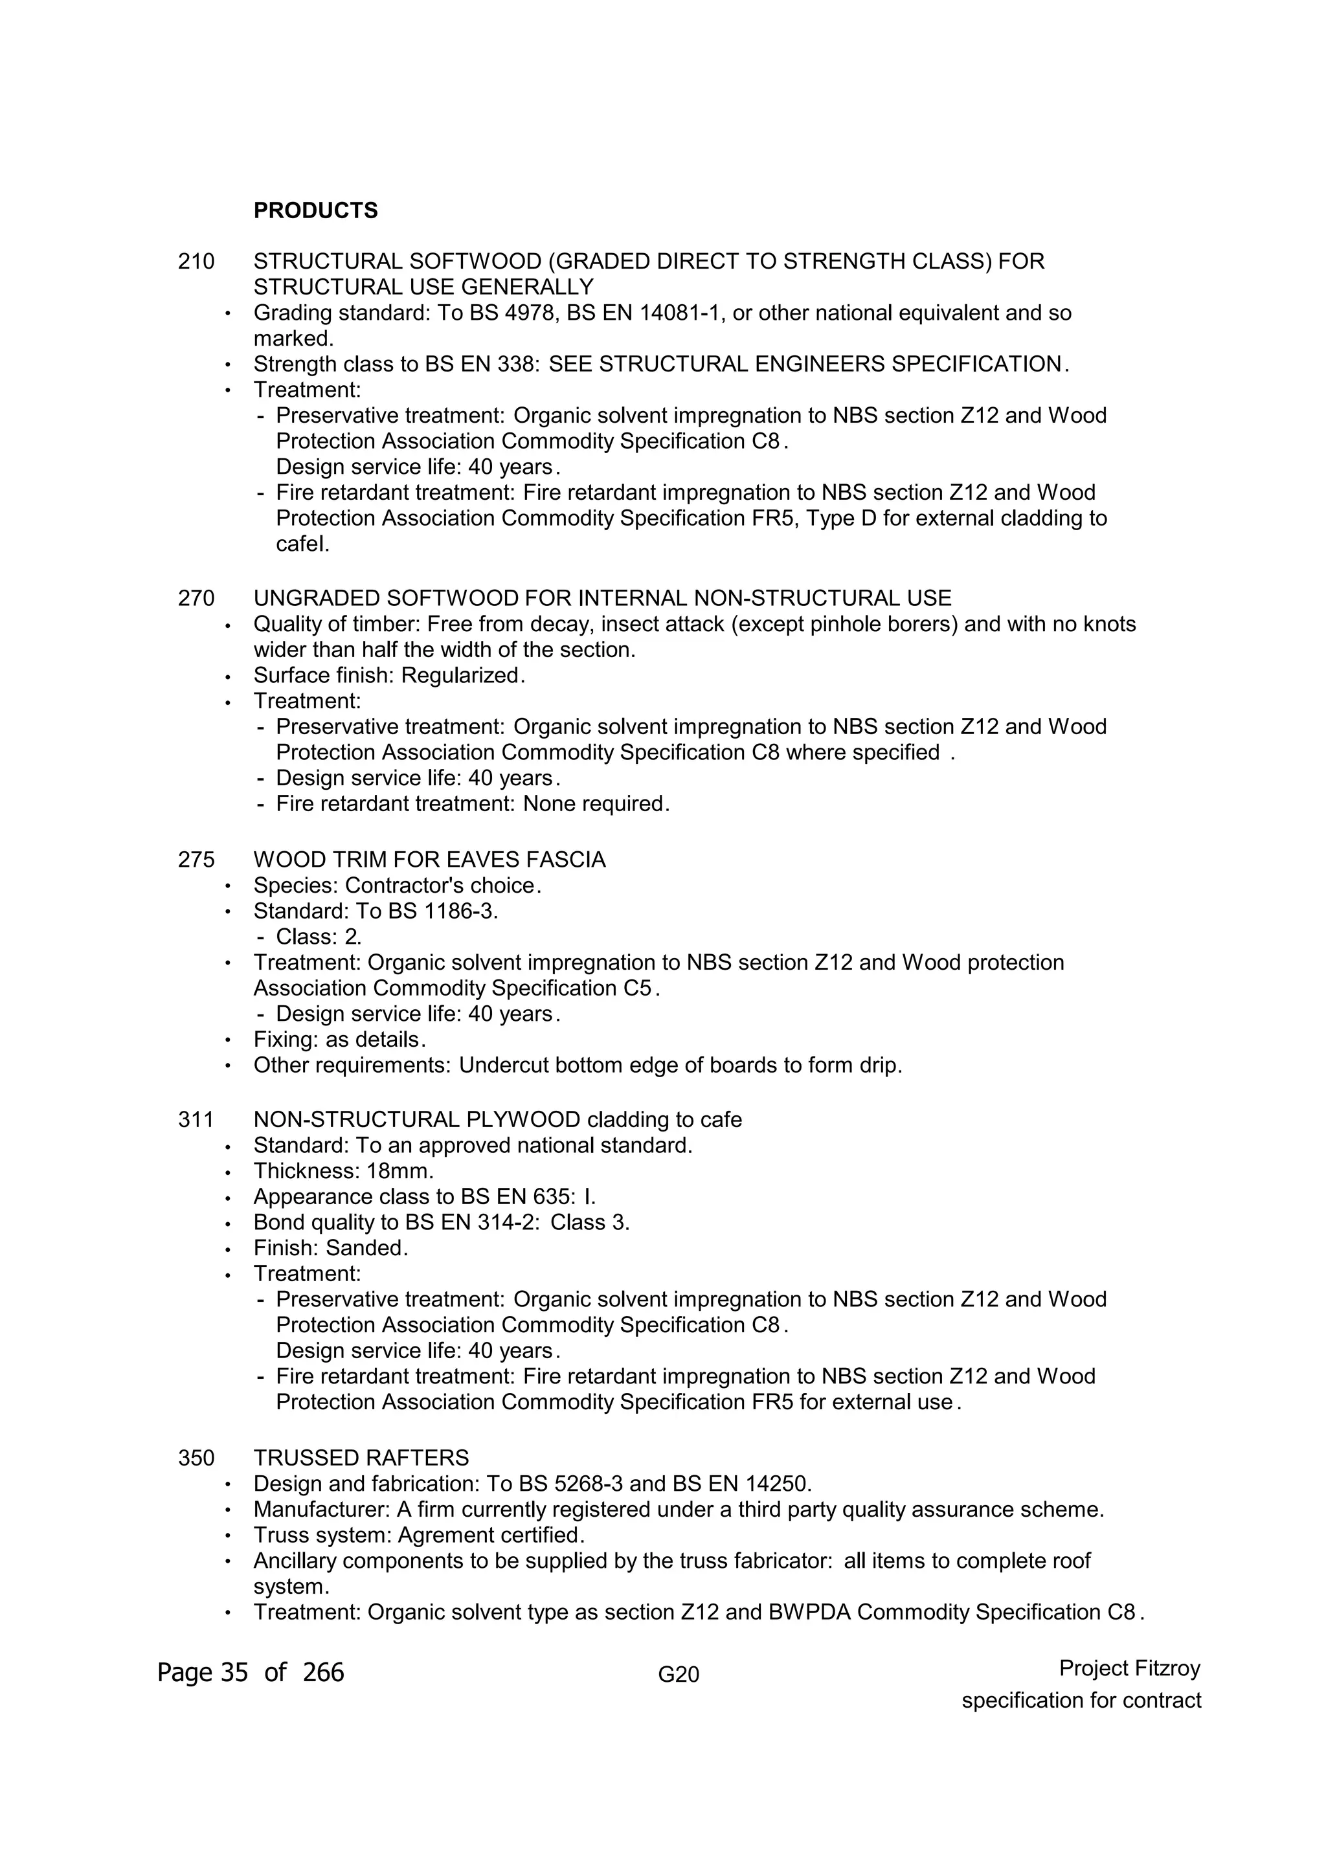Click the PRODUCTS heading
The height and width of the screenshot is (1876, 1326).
click(x=315, y=211)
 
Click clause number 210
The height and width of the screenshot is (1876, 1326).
click(x=196, y=262)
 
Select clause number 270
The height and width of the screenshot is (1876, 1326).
click(x=196, y=598)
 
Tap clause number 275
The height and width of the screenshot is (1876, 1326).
click(x=196, y=860)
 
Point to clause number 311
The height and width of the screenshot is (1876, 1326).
click(x=196, y=1119)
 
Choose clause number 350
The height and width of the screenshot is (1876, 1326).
click(x=196, y=1458)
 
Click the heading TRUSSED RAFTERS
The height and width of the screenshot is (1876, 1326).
click(x=361, y=1458)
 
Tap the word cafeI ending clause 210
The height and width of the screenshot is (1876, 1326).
click(x=302, y=544)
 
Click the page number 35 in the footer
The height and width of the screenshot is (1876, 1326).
click(x=234, y=1673)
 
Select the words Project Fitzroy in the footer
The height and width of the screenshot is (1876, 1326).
click(x=1129, y=1668)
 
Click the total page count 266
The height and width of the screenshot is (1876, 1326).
click(x=324, y=1673)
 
